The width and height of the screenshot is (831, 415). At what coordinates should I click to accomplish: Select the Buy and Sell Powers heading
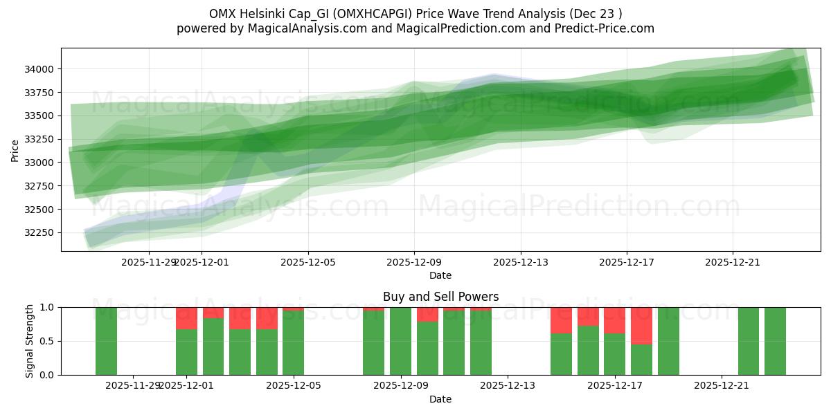[440, 297]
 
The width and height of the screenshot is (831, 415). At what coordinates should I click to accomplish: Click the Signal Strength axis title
[30, 341]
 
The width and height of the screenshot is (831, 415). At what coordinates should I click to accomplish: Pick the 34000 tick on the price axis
[42, 69]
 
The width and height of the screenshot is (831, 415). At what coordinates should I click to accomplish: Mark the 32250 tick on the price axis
[42, 232]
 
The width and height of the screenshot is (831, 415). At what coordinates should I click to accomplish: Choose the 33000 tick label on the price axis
[42, 163]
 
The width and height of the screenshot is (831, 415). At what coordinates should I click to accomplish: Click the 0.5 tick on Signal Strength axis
[48, 341]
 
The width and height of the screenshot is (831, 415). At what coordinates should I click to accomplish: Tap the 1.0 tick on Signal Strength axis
[48, 307]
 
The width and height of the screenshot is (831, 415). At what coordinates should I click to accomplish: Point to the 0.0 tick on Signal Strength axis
[48, 375]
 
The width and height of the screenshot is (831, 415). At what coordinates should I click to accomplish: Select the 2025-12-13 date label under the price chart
[521, 262]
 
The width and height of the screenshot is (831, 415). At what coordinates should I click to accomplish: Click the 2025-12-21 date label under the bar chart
[722, 385]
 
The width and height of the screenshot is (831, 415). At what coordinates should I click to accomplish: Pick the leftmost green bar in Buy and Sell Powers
[106, 341]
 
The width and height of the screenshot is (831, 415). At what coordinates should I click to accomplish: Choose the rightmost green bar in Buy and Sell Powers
[775, 341]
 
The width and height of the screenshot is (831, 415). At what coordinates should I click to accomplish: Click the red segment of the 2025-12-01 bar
[186, 318]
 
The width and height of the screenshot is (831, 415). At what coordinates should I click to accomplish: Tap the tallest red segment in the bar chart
[641, 326]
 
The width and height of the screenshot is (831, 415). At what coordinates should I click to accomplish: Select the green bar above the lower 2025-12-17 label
[614, 354]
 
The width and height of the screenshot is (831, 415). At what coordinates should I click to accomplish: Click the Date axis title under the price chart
[440, 275]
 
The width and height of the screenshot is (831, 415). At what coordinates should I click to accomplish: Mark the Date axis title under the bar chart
[440, 399]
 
